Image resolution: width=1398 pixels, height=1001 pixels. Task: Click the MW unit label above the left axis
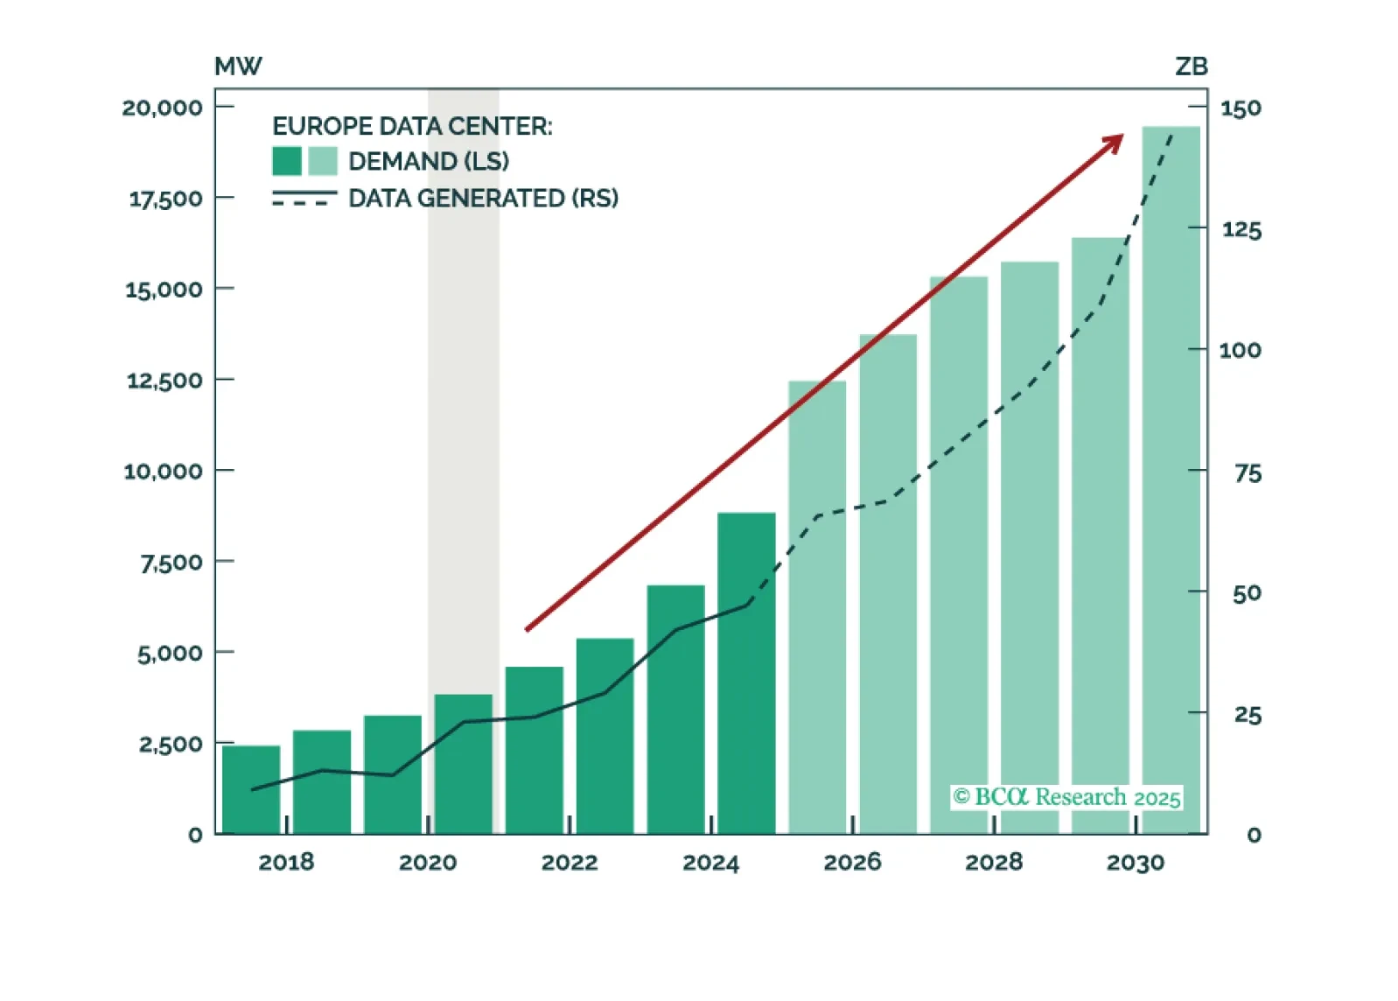tap(238, 66)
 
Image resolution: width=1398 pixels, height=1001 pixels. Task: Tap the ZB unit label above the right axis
tap(1191, 66)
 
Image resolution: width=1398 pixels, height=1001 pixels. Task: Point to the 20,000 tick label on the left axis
tap(162, 108)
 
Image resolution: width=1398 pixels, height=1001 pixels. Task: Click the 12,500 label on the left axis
tap(164, 381)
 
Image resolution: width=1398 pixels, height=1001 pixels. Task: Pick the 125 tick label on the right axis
tap(1241, 230)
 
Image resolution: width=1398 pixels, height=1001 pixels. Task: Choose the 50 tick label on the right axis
tap(1247, 594)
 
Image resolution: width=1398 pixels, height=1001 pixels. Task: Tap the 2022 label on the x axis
tap(570, 863)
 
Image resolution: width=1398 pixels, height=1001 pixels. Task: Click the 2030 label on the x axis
tap(1136, 863)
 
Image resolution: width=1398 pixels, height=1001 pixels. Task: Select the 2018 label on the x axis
tap(286, 863)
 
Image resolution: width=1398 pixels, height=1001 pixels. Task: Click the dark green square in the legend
tap(287, 161)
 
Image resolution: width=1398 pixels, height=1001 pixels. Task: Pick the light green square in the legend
tap(323, 161)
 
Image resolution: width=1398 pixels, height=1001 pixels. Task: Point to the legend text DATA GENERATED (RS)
tap(483, 199)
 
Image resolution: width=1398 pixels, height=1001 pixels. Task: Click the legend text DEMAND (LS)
tap(429, 161)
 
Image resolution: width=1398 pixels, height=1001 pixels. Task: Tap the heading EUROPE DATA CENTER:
tap(412, 126)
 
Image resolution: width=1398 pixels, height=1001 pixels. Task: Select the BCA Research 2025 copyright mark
tap(1067, 797)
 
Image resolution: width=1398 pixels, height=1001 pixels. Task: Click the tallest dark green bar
tap(746, 673)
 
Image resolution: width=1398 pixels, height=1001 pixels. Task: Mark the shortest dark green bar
tap(251, 789)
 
